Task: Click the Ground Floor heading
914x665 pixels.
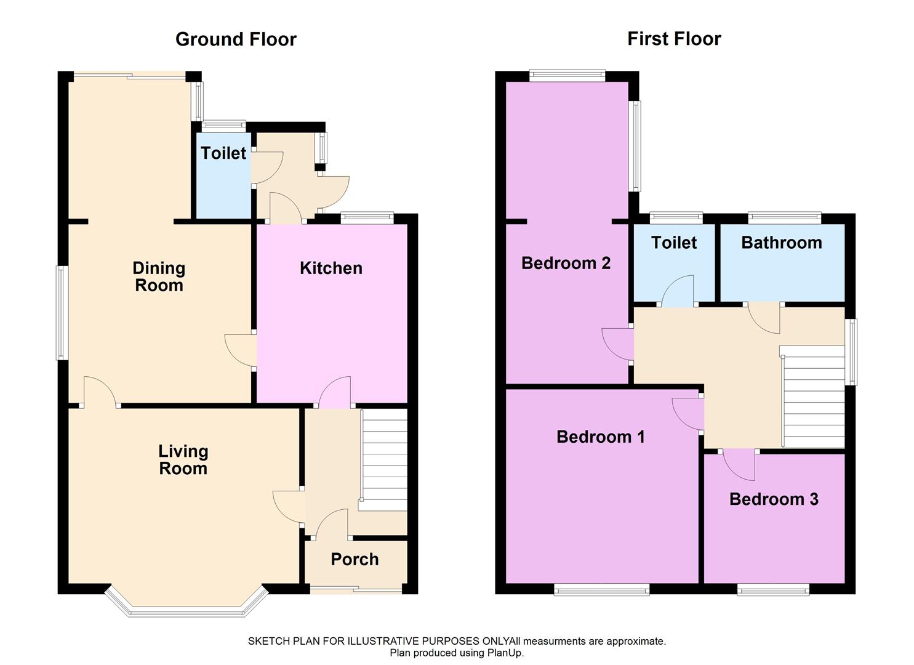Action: point(236,39)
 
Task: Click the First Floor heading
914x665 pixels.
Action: point(674,39)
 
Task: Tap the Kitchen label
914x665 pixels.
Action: point(331,268)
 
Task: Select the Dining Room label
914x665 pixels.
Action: point(159,277)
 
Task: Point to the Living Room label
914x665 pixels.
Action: point(183,460)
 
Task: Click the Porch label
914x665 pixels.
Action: point(355,559)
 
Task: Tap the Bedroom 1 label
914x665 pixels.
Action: point(601,437)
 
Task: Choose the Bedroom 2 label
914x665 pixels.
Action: point(566,263)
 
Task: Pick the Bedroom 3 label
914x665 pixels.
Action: point(774,499)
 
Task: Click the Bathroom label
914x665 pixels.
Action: point(782,243)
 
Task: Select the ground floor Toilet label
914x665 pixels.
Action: point(223,153)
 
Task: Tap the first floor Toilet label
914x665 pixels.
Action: point(674,243)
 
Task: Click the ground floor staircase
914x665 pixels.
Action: point(383,460)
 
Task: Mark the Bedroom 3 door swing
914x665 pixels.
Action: point(739,465)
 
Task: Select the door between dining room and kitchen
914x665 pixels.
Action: point(241,350)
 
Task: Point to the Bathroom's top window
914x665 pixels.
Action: point(784,217)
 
